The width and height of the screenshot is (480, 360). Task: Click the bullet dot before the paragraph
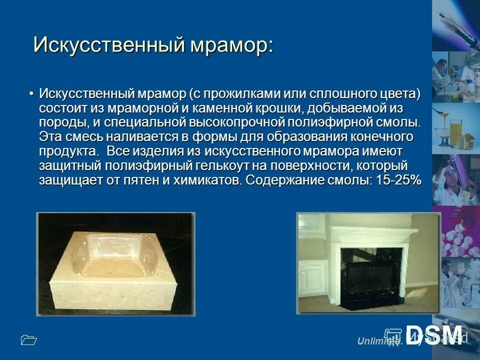[31, 94]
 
